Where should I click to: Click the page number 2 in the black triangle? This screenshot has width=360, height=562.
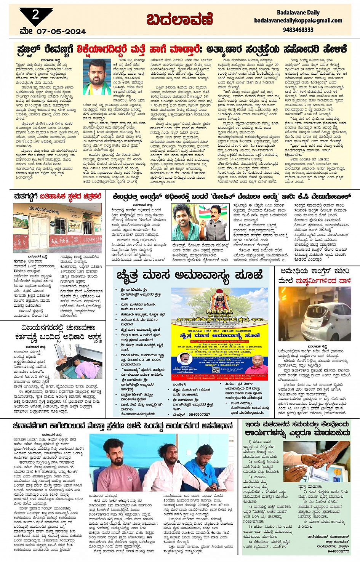click(x=36, y=14)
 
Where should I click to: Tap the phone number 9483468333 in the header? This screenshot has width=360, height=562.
click(x=298, y=29)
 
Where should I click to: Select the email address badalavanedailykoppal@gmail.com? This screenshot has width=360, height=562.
click(x=298, y=21)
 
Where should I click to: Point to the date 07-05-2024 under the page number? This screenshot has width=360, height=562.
click(x=61, y=31)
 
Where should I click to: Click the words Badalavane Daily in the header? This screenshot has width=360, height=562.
click(x=298, y=12)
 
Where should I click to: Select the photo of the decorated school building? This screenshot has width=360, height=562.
click(x=58, y=227)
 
